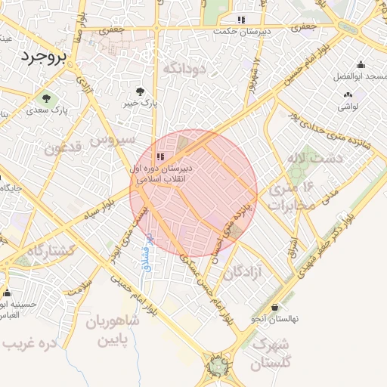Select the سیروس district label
click(x=113, y=139)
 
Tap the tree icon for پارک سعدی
click(x=48, y=98)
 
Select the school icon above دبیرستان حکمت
click(x=241, y=20)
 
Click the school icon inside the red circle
click(x=159, y=156)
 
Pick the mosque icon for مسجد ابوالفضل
click(x=360, y=65)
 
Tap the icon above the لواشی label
click(x=348, y=95)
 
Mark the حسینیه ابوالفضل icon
click(x=8, y=293)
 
